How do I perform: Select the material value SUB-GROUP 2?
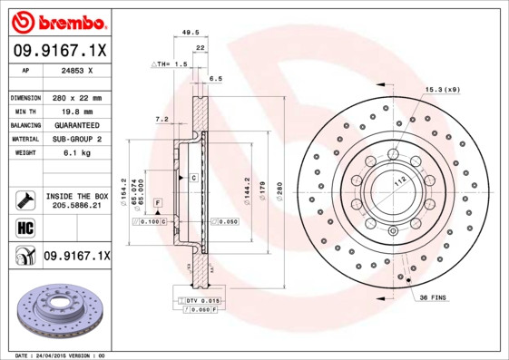tap(76, 139)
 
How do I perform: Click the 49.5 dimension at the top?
tap(191, 32)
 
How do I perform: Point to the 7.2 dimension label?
tap(162, 119)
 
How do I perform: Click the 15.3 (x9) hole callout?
tap(442, 90)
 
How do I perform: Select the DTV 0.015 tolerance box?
tap(201, 299)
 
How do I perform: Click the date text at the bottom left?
tap(61, 355)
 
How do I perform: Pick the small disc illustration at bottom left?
tap(58, 308)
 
